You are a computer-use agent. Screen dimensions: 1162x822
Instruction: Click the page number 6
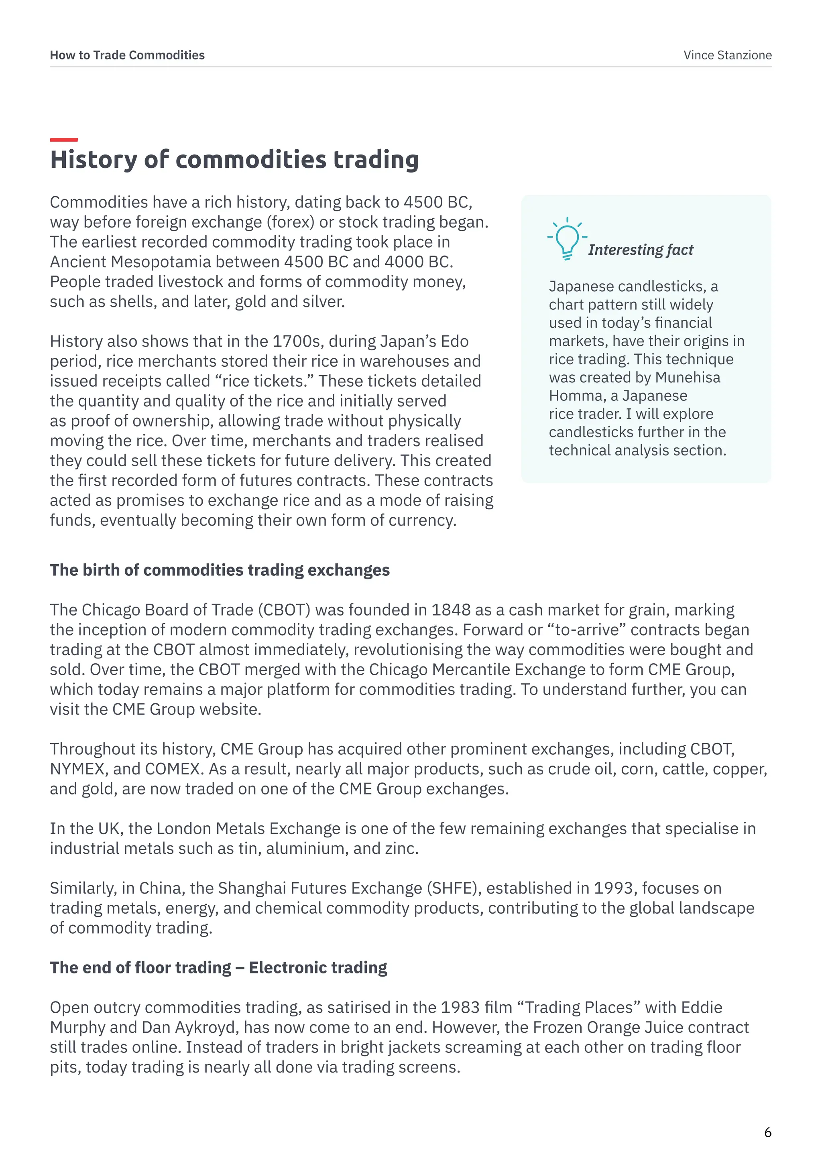tap(767, 1132)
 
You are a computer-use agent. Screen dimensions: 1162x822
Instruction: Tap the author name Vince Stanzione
tap(727, 55)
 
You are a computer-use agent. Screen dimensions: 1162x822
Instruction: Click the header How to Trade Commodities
tap(127, 55)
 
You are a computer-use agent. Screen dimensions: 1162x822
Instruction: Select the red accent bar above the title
tap(64, 140)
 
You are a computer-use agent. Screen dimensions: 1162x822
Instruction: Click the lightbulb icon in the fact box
tap(567, 238)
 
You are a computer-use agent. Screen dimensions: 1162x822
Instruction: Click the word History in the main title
tap(94, 160)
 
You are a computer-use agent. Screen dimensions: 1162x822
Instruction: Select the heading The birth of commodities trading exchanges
tap(220, 571)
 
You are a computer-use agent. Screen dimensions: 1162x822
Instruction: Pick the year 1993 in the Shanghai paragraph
tap(613, 888)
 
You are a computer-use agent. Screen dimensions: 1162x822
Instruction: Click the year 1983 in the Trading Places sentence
tap(460, 1008)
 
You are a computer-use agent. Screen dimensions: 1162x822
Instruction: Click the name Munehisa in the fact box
tap(688, 378)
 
